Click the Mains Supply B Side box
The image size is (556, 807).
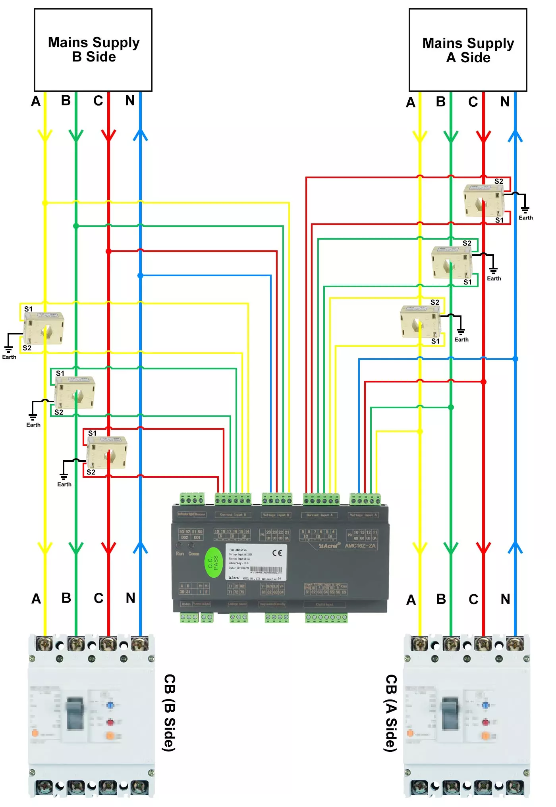click(93, 50)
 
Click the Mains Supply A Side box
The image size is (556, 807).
click(468, 50)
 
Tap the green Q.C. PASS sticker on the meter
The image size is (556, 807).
click(213, 562)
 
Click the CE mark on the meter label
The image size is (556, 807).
click(277, 553)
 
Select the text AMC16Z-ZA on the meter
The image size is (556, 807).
click(360, 546)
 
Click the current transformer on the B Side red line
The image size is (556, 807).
click(107, 452)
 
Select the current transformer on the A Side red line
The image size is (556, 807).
click(484, 200)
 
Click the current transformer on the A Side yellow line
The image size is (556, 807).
click(420, 321)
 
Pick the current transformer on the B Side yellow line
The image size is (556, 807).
click(44, 328)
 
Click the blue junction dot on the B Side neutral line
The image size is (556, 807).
click(140, 275)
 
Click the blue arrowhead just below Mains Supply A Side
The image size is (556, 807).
click(515, 136)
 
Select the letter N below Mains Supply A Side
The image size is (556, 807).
click(505, 102)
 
